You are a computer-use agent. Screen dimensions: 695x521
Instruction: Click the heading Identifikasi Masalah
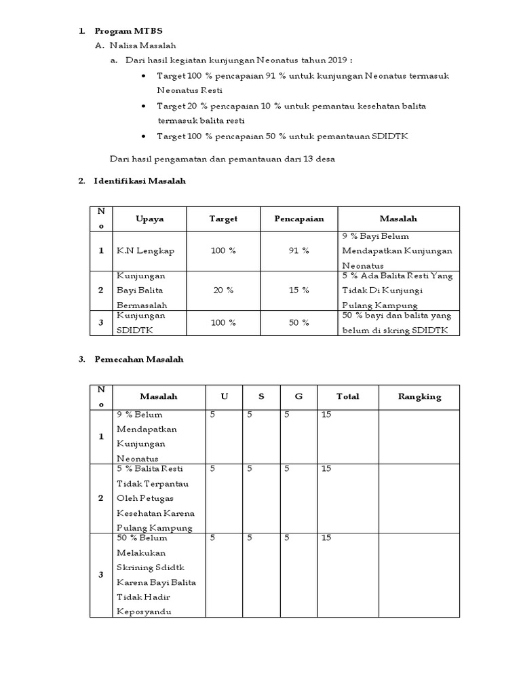point(140,181)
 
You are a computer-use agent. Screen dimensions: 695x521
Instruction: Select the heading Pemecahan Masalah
point(139,359)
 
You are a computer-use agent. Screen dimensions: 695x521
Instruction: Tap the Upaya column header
point(149,219)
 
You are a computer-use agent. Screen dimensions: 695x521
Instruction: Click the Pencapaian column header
point(298,219)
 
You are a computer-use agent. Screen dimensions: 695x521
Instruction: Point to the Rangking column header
point(419,396)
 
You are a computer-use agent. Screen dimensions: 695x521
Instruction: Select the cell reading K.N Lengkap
point(145,250)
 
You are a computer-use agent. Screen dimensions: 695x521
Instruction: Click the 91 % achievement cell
point(298,250)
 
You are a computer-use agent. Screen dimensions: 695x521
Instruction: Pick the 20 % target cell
point(223,290)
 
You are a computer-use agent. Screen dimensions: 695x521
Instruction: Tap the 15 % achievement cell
point(298,290)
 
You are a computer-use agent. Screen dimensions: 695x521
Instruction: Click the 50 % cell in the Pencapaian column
point(298,322)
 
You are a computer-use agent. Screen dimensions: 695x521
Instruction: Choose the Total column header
point(347,396)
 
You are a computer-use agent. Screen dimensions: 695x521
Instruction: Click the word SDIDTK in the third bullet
point(390,136)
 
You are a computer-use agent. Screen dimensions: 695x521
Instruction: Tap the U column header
point(225,396)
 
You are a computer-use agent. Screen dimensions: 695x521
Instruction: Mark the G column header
point(298,396)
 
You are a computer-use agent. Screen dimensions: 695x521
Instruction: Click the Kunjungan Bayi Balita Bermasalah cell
point(142,290)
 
